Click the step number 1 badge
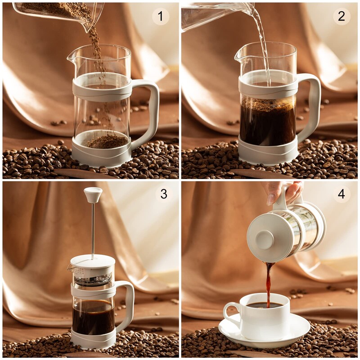[161, 17]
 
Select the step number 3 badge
[164, 194]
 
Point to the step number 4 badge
[342, 194]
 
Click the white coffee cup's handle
[230, 313]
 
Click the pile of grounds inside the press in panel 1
[107, 141]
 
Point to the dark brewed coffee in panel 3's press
[93, 317]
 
